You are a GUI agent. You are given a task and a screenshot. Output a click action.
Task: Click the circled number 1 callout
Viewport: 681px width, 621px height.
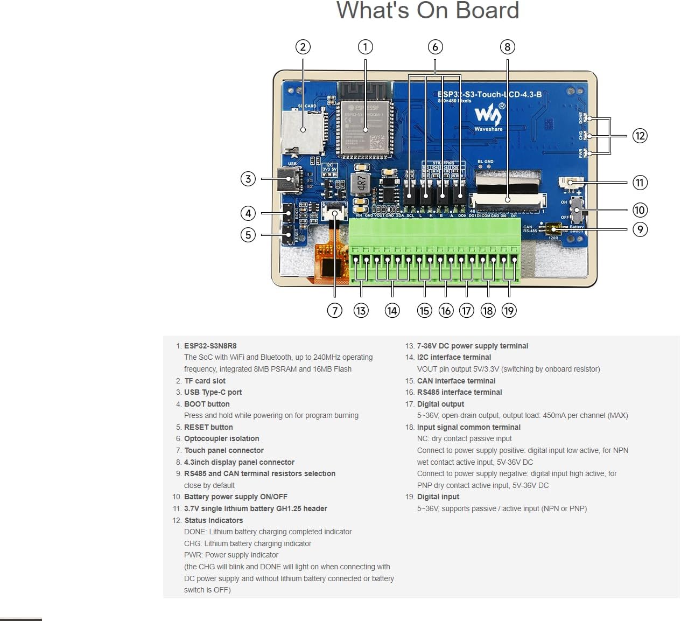click(365, 47)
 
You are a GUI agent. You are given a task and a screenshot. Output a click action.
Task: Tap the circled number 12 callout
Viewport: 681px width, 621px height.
click(640, 136)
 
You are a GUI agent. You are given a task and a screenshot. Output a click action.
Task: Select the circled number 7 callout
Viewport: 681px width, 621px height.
click(334, 310)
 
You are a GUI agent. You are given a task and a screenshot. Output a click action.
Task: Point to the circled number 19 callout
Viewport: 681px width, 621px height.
click(509, 310)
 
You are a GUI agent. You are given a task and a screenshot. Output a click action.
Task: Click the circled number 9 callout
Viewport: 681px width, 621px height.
click(640, 229)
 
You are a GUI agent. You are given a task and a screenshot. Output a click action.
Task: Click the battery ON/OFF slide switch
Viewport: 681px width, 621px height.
click(577, 210)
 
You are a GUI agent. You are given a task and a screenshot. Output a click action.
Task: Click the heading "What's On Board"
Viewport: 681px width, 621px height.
click(427, 11)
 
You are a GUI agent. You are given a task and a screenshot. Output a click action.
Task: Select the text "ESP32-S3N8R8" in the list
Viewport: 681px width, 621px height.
click(210, 346)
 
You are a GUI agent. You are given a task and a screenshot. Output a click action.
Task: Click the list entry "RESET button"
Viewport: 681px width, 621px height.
click(208, 427)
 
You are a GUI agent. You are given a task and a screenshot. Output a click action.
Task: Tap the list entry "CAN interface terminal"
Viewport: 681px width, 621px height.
click(456, 381)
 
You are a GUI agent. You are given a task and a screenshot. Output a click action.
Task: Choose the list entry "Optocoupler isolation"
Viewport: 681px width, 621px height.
click(221, 438)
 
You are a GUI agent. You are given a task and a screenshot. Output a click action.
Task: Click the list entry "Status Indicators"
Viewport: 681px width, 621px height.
click(213, 520)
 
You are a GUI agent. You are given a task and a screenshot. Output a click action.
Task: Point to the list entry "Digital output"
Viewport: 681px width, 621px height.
click(440, 404)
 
